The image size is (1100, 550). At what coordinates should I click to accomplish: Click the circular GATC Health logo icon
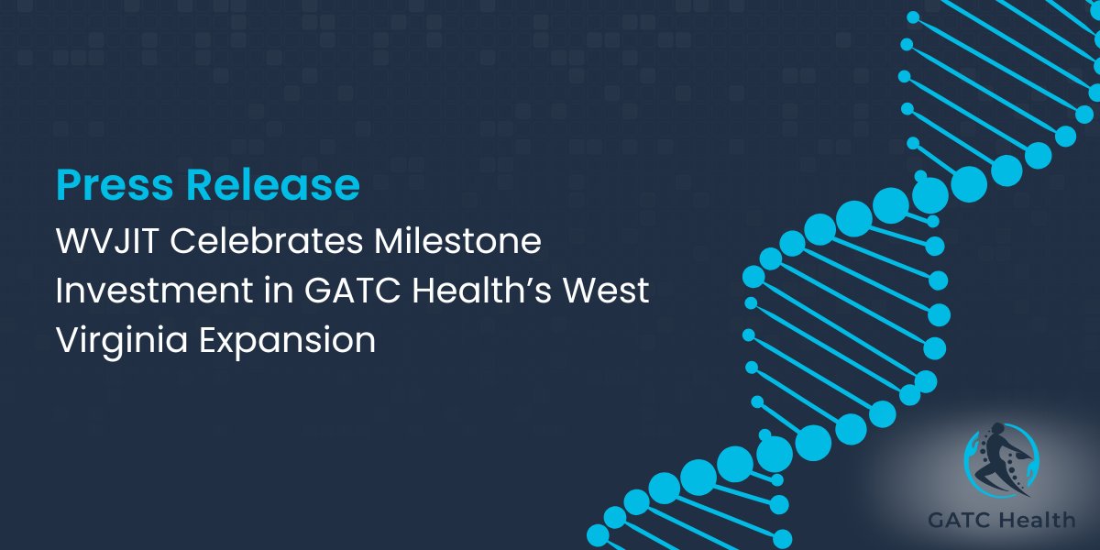[1001, 464]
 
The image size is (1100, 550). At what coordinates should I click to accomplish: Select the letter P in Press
[67, 185]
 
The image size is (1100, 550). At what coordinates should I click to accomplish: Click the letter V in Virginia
[66, 340]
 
